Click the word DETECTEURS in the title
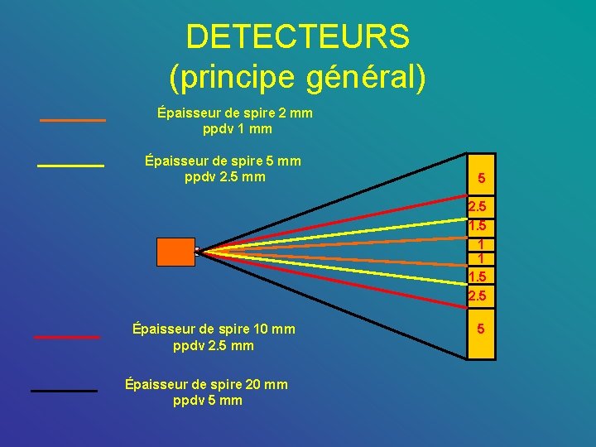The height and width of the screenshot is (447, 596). [297, 37]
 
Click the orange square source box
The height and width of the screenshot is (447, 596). [175, 252]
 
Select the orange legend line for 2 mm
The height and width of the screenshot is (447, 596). [73, 121]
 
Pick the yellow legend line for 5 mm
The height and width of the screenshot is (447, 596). [70, 166]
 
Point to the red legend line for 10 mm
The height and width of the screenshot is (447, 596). [67, 337]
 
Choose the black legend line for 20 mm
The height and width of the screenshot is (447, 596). [64, 390]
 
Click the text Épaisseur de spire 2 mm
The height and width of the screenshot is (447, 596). [235, 113]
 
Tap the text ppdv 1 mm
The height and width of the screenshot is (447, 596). [237, 129]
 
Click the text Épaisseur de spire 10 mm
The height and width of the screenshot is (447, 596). [214, 329]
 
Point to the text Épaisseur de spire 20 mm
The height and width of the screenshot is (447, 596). [206, 384]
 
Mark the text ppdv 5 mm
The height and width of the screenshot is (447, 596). [208, 401]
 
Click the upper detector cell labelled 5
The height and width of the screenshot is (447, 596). [481, 178]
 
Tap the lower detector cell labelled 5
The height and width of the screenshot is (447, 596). [481, 329]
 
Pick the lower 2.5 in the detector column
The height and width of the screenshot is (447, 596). [478, 296]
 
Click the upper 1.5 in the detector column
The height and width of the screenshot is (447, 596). [478, 226]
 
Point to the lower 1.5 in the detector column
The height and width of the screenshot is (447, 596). [478, 276]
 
